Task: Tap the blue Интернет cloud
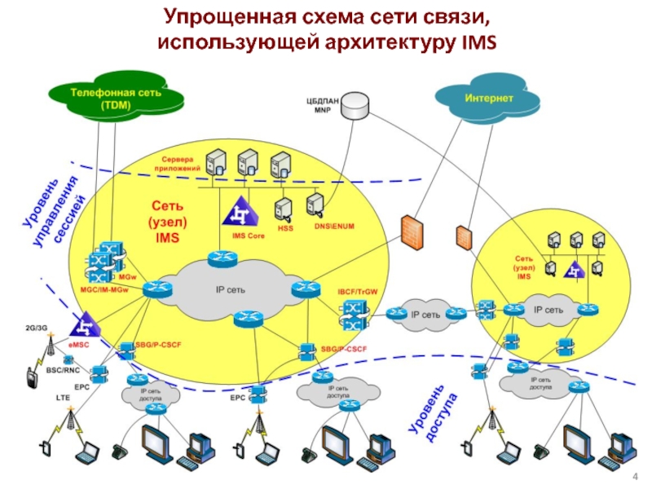(x=489, y=99)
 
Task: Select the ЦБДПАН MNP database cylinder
(x=355, y=106)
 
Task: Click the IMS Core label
(x=249, y=236)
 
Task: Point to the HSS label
(x=285, y=229)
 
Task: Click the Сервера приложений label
(x=181, y=163)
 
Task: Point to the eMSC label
(x=79, y=345)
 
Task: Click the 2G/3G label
(x=36, y=328)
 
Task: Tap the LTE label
(x=63, y=398)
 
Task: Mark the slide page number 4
(x=635, y=476)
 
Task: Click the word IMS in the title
(x=477, y=41)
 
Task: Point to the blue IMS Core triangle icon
(x=240, y=212)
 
